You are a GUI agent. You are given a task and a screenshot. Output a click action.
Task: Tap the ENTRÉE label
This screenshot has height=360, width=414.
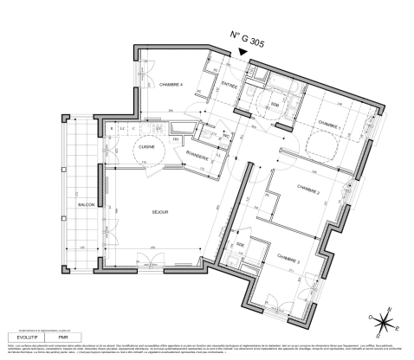coord(229,84)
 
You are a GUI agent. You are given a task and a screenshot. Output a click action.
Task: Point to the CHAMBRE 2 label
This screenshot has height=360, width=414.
coord(307,190)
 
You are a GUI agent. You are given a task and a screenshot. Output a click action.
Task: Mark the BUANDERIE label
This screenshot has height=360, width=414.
coord(197,156)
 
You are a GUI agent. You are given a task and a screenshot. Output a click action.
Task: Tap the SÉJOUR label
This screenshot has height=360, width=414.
coord(160,212)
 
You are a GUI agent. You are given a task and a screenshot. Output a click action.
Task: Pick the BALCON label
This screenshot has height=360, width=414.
coord(86,204)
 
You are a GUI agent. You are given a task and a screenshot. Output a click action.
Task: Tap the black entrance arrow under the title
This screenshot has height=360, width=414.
coord(245,53)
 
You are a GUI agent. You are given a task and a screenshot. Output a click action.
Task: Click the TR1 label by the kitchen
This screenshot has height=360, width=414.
coord(175,139)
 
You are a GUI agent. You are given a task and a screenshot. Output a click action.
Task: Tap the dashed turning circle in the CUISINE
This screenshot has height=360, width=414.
coord(146,151)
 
